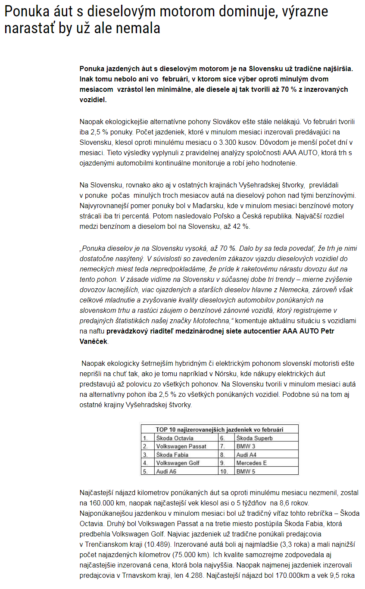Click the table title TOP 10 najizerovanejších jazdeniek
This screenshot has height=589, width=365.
tap(220, 429)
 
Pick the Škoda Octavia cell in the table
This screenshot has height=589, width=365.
tap(175, 438)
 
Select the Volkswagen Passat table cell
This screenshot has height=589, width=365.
tap(181, 446)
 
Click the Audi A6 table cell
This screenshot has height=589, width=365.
tap(166, 471)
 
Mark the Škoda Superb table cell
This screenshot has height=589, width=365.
tap(254, 438)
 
